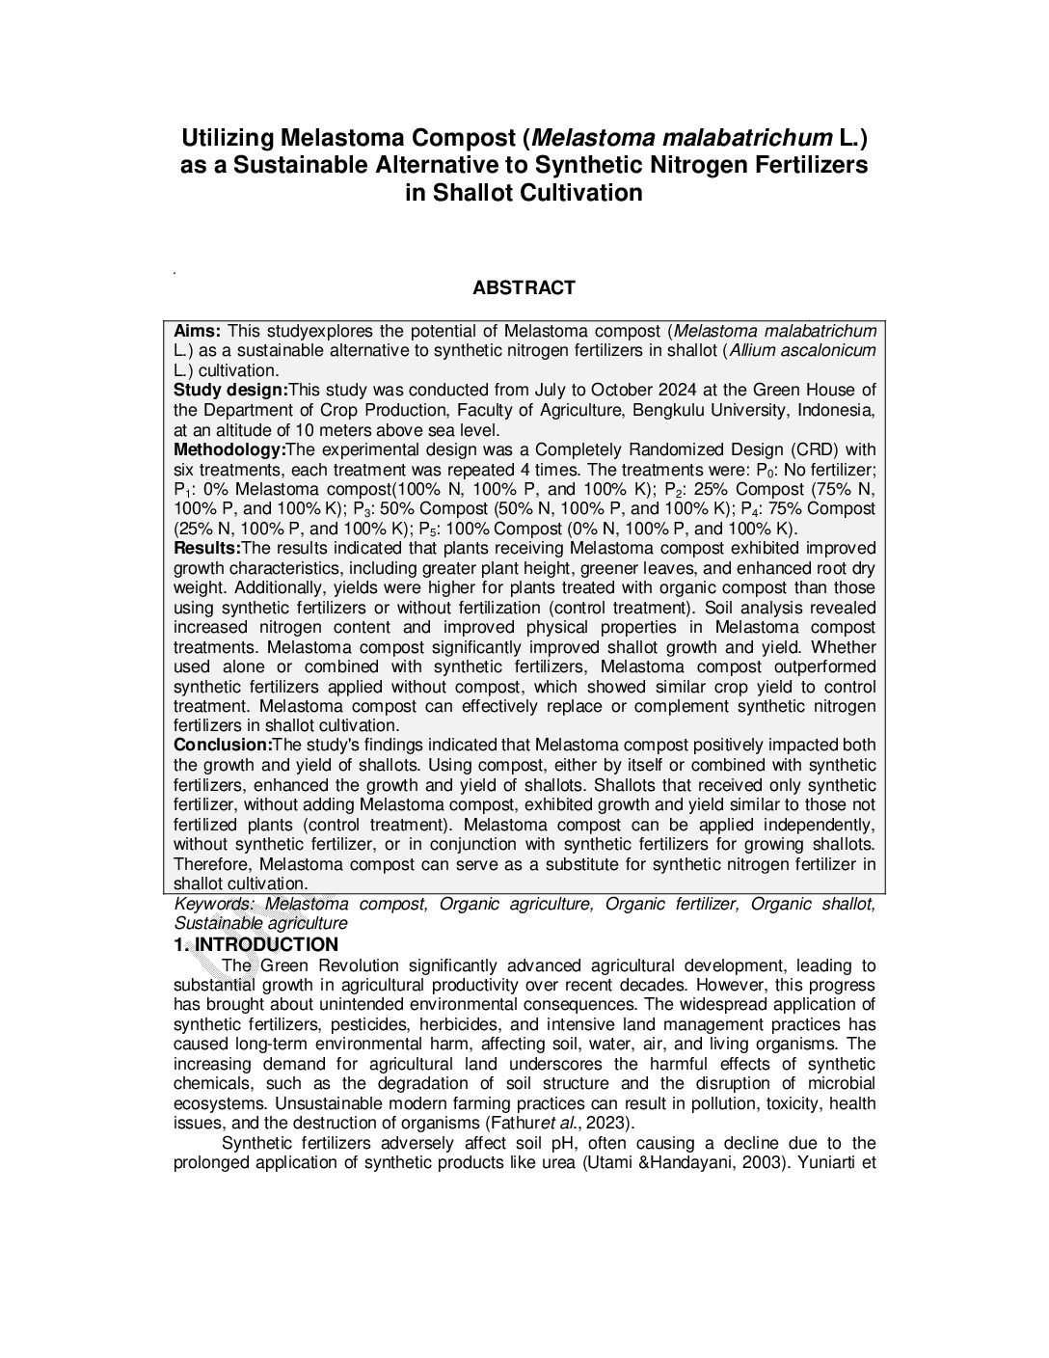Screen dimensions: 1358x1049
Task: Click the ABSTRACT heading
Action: coord(524,287)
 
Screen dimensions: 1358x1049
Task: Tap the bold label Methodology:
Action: coord(229,449)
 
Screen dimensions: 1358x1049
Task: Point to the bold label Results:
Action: coord(207,548)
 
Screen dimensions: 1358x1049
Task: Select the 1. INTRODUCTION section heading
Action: coord(256,944)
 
